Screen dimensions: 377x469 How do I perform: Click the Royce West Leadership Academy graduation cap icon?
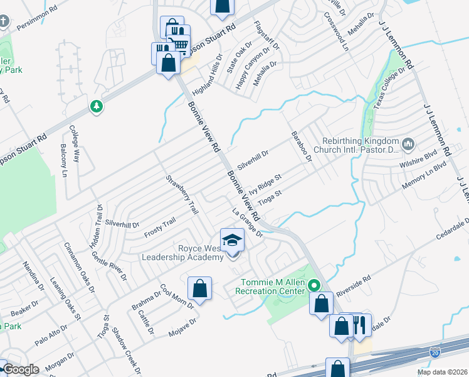click(232, 240)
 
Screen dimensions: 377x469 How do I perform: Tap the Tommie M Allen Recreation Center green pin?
click(317, 285)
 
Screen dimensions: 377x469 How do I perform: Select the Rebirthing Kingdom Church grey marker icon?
click(408, 145)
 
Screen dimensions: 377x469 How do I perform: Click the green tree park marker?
click(96, 107)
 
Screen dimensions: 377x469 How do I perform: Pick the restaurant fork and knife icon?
click(359, 325)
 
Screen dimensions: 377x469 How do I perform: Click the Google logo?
click(21, 370)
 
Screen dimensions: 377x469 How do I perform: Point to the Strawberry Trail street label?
click(182, 194)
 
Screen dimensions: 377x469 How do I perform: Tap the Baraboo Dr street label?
click(301, 147)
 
